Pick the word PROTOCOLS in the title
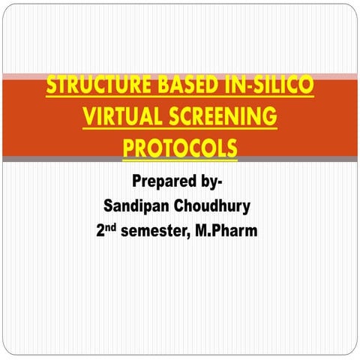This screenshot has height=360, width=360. (179, 147)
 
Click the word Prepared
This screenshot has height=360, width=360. (166, 182)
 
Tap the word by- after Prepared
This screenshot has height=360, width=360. (214, 182)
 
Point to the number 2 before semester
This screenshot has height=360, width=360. (100, 232)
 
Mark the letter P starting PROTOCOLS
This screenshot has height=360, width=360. (128, 147)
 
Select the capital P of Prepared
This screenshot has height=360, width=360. (136, 182)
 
